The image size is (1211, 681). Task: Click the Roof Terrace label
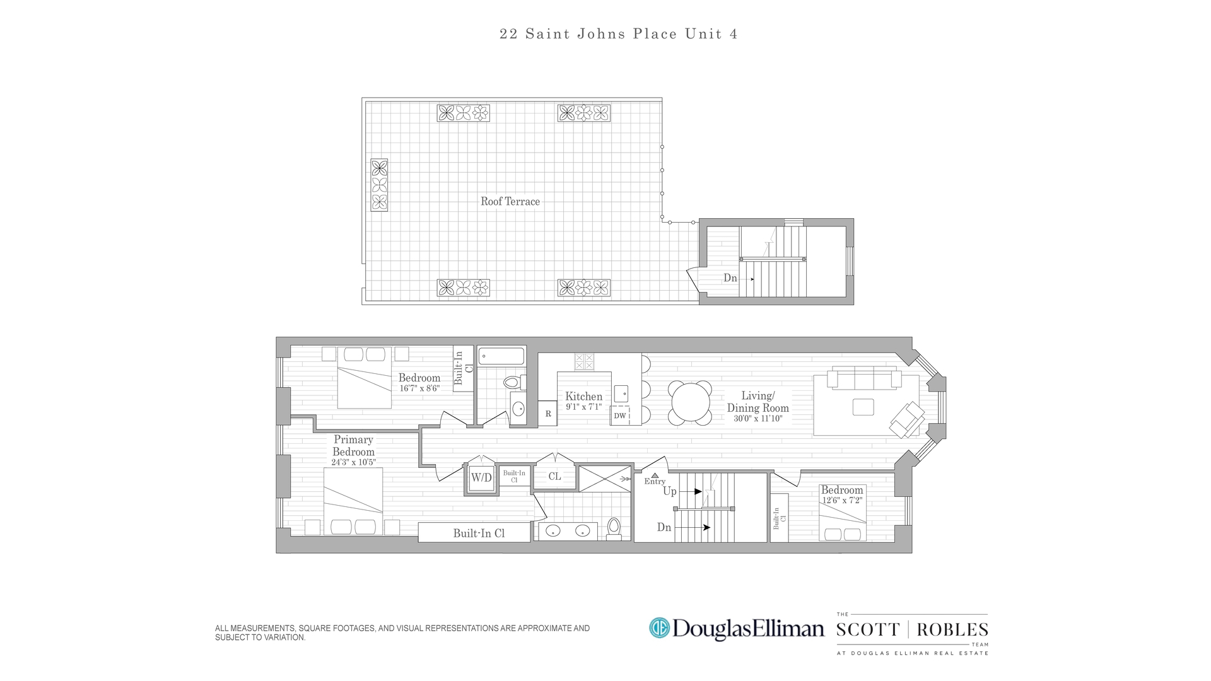(510, 202)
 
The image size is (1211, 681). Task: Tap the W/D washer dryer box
(481, 478)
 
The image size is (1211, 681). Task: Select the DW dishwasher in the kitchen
(620, 416)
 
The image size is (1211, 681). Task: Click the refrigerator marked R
(548, 414)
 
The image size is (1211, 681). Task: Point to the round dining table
(690, 403)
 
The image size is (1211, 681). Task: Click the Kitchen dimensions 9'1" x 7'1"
(583, 407)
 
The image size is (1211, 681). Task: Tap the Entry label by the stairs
(655, 482)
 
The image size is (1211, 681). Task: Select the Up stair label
(669, 491)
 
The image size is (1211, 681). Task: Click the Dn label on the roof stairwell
(730, 278)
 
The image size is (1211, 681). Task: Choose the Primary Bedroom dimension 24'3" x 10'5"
(353, 462)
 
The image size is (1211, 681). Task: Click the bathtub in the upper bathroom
(501, 356)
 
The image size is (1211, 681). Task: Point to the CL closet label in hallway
(554, 477)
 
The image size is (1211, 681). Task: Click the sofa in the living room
(864, 380)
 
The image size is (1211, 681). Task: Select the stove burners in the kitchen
(584, 361)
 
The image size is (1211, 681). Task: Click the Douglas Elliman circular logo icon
(659, 627)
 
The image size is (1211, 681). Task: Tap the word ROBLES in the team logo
(952, 630)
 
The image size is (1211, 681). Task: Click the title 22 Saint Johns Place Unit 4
(618, 34)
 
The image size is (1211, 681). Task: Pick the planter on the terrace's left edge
(379, 185)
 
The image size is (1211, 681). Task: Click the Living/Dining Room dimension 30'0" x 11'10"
(758, 419)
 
